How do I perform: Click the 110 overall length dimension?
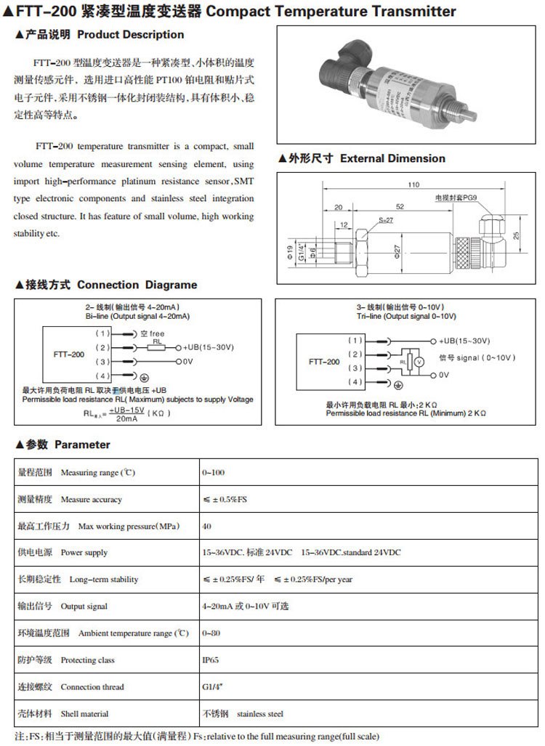(x=413, y=185)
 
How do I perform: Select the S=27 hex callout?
(x=385, y=220)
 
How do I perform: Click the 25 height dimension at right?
(x=515, y=235)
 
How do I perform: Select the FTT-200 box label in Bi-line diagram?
(x=68, y=354)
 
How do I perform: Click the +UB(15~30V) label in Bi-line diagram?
(x=209, y=347)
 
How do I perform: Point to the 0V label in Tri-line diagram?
(x=444, y=375)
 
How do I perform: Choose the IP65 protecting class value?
(x=211, y=660)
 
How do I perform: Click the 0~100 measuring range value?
(x=214, y=473)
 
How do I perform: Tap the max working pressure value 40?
(x=207, y=527)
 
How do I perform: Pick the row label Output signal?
(x=84, y=607)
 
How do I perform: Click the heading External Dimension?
(x=392, y=158)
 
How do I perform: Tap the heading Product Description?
(x=130, y=34)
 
